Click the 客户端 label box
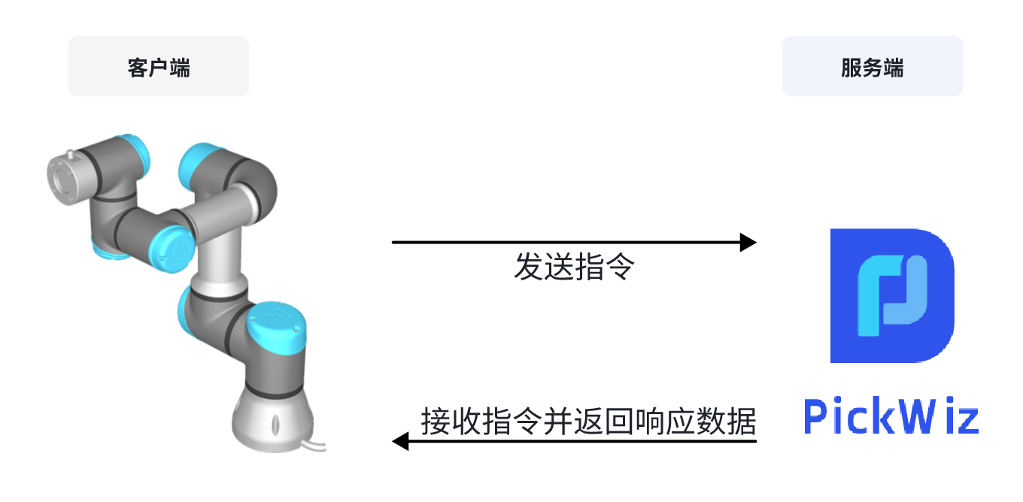point(159,66)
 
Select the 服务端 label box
point(872,66)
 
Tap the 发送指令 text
point(574,267)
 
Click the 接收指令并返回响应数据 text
point(587,421)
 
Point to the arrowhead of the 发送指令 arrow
point(748,242)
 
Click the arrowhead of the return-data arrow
point(401,441)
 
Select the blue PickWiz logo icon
point(891,295)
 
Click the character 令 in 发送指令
point(621,267)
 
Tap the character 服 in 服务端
point(851,68)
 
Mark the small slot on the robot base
point(274,423)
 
